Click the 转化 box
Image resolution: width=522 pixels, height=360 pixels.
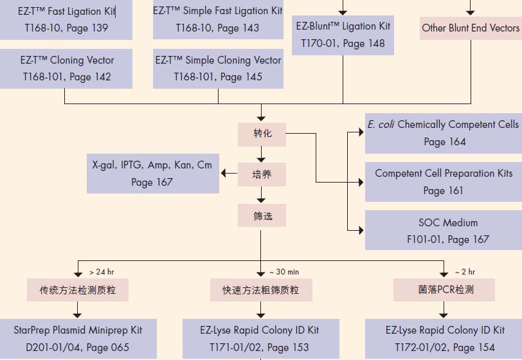click(x=262, y=133)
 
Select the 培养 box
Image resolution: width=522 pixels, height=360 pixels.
click(x=262, y=174)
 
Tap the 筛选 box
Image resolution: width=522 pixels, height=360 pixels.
click(x=262, y=215)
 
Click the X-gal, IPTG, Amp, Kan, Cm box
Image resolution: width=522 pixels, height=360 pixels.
click(x=152, y=174)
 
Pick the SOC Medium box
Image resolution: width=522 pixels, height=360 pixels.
click(x=444, y=231)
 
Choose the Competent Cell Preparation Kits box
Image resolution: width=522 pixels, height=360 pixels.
click(x=444, y=181)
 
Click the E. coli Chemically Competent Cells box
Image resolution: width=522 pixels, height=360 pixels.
click(x=444, y=132)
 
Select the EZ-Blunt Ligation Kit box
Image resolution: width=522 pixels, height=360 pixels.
click(x=343, y=35)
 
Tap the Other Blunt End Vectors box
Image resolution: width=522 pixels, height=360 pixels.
click(x=471, y=28)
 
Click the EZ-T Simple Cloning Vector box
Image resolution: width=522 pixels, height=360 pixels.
click(x=218, y=68)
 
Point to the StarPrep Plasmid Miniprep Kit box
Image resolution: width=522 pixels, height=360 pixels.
click(x=78, y=339)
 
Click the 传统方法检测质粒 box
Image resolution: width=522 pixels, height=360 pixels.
click(x=78, y=290)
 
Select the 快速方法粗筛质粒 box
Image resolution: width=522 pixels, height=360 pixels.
click(x=256, y=290)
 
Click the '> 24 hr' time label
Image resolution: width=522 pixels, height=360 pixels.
click(x=102, y=272)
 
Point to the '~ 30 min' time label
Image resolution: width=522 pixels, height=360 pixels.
click(x=283, y=272)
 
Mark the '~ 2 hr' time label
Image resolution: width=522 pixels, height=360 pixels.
click(x=465, y=272)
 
